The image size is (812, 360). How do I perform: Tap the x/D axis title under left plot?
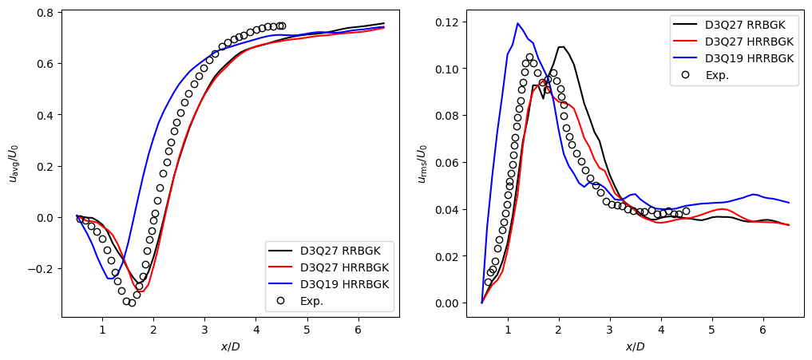click(x=231, y=346)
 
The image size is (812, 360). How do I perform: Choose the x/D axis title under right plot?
click(x=635, y=346)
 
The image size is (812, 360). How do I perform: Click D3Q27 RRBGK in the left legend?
click(x=346, y=250)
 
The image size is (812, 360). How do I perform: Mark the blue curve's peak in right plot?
click(x=517, y=23)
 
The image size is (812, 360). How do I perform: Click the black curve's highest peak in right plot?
click(x=560, y=47)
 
